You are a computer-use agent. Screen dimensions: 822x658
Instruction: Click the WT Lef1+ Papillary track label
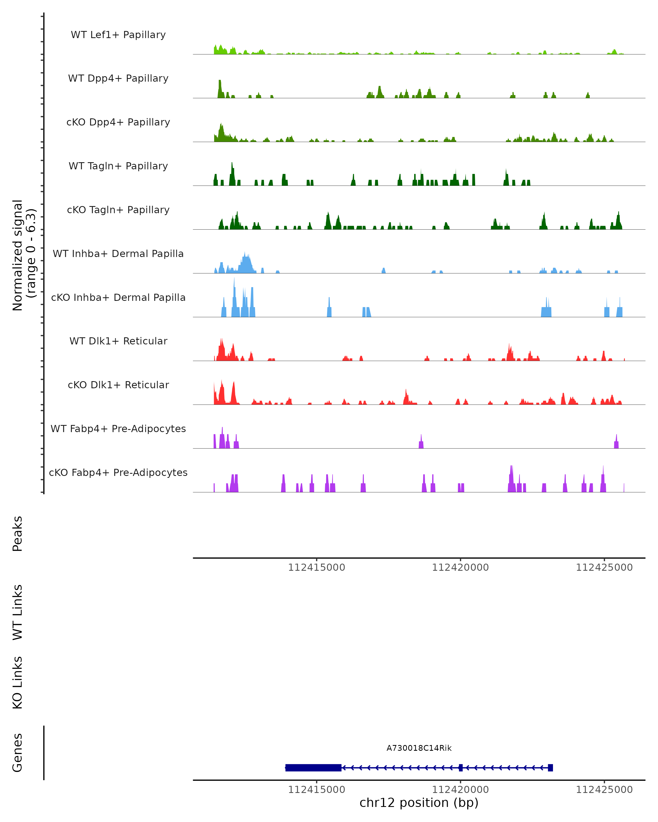118,35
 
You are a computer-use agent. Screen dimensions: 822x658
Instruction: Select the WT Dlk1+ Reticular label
118,341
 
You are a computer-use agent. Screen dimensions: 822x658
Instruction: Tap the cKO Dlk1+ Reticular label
118,385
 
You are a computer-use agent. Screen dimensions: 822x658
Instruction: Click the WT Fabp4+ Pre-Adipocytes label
118,429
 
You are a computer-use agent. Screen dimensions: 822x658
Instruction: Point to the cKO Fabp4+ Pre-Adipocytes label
118,472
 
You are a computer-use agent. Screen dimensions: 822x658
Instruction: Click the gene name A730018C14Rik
419,748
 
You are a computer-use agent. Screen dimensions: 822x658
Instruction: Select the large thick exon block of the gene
313,767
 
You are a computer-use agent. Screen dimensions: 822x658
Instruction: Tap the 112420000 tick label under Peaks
460,568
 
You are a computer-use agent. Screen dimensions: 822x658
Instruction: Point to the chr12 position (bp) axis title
419,803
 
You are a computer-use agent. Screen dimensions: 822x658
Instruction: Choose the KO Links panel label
18,683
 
